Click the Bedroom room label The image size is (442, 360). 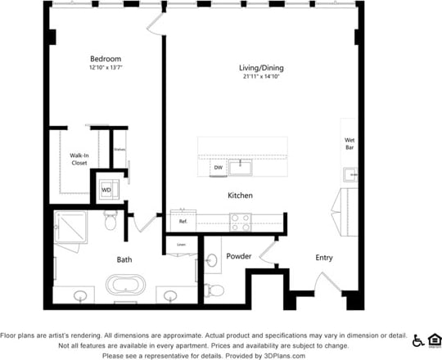click(x=105, y=59)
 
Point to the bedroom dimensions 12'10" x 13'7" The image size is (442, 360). click(x=105, y=69)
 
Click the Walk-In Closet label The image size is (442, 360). click(x=79, y=159)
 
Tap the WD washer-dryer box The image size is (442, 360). click(x=106, y=191)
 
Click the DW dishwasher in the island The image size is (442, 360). click(x=218, y=168)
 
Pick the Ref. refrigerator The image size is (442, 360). click(x=183, y=221)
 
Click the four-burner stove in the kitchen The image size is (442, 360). click(x=241, y=221)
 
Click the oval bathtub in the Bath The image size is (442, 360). click(x=125, y=286)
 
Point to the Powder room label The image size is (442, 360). click(x=238, y=257)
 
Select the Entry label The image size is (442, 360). click(x=324, y=258)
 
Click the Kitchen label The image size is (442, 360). click(x=240, y=196)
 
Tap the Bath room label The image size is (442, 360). click(x=124, y=259)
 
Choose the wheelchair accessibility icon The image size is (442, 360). click(x=418, y=340)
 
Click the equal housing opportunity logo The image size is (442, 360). click(x=434, y=340)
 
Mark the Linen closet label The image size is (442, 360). click(x=181, y=244)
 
